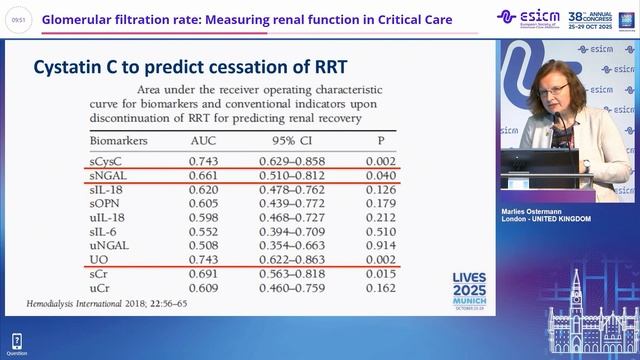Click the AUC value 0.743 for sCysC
204,161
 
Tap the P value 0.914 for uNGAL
379,244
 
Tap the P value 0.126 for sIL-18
379,189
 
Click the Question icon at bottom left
16,344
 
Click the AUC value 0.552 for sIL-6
204,230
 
